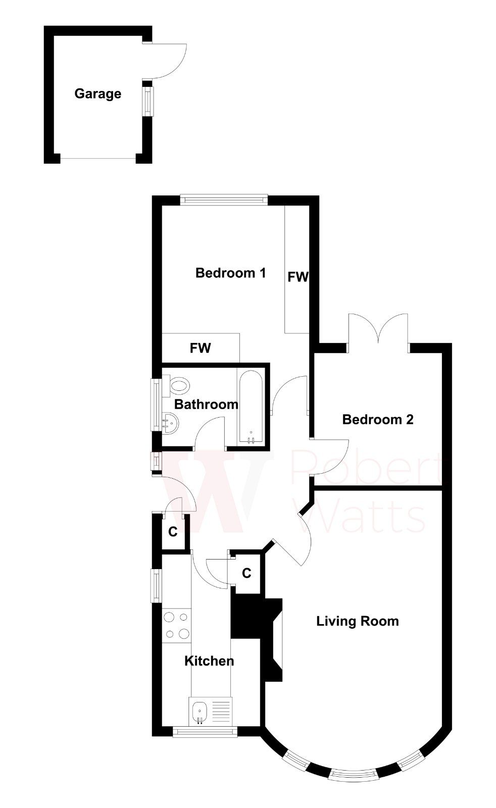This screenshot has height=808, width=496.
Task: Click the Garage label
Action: click(97, 94)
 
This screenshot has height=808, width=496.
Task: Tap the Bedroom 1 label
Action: click(230, 273)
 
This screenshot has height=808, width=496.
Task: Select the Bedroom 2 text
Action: click(378, 420)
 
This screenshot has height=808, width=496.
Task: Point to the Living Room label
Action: click(357, 621)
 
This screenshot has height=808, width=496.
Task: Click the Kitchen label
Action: click(209, 661)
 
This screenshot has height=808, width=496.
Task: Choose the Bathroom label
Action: click(206, 405)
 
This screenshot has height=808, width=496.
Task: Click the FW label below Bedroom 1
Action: click(200, 348)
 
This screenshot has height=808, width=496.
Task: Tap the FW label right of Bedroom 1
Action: click(297, 277)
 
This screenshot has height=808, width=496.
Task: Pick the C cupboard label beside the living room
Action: click(246, 573)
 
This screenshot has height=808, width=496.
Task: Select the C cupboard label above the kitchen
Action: click(173, 532)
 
